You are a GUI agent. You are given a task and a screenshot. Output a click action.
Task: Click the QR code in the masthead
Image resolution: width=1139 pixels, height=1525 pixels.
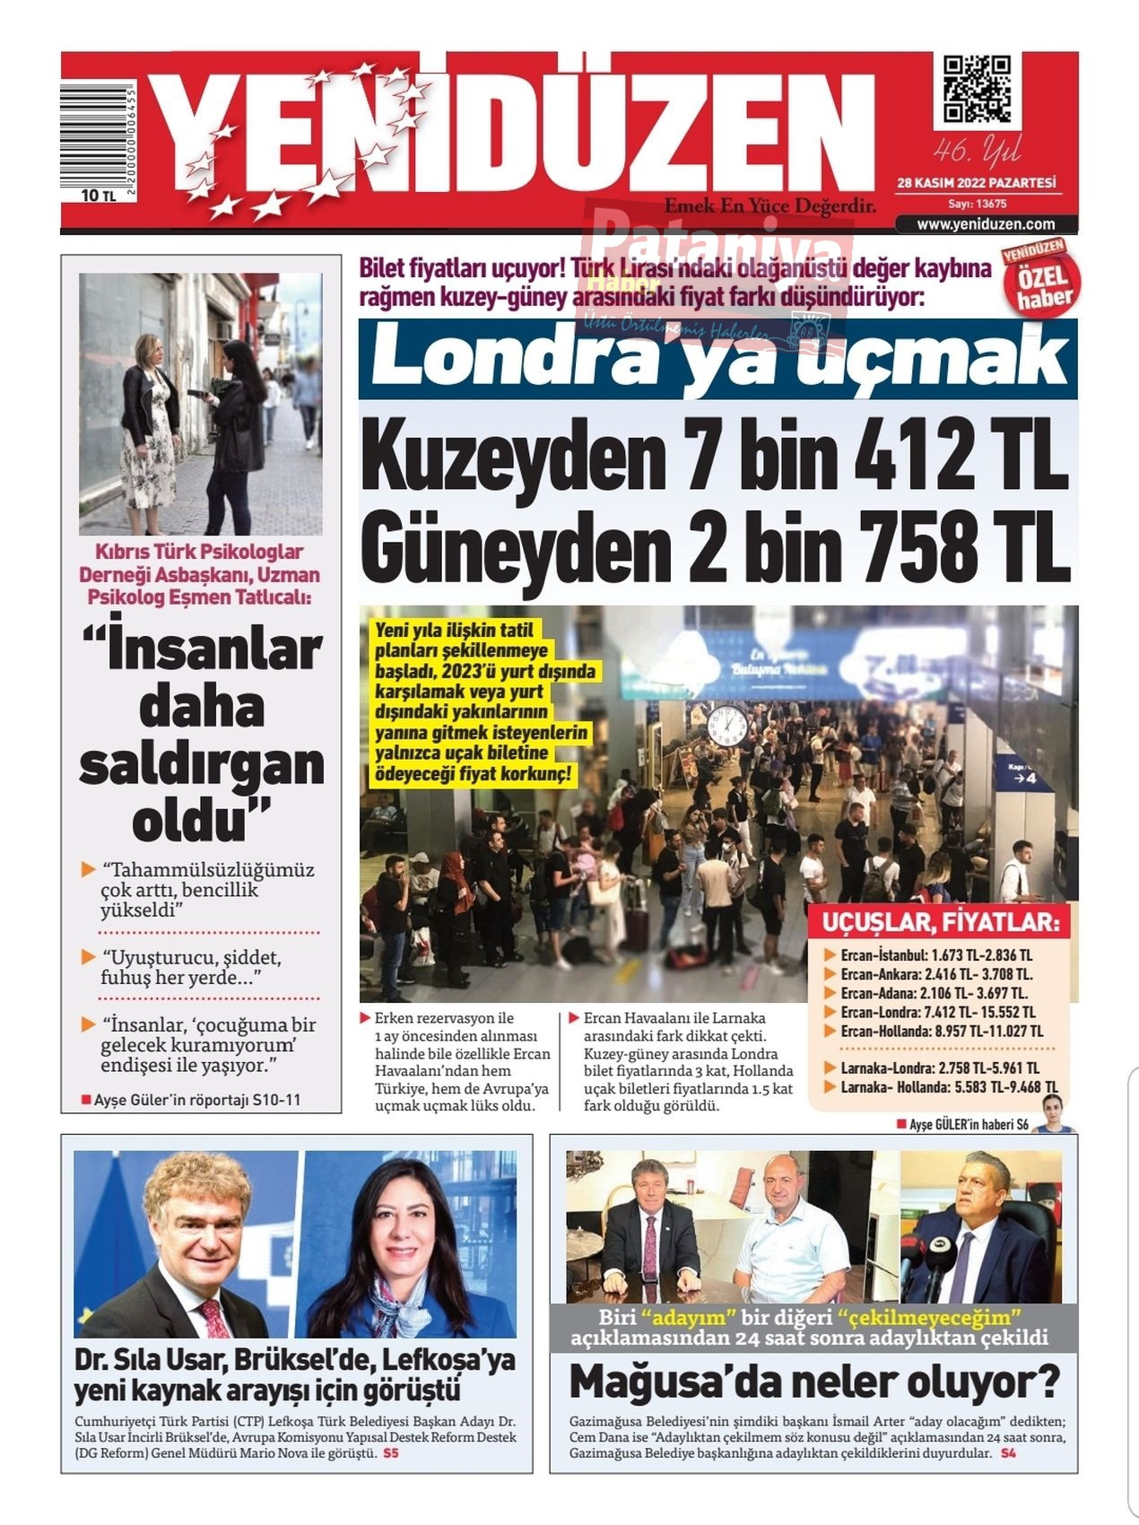(977, 89)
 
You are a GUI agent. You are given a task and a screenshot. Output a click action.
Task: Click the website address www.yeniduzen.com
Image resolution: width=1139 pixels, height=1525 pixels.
(986, 224)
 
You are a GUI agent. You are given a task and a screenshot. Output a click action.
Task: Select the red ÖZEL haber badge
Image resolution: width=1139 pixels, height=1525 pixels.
(1042, 279)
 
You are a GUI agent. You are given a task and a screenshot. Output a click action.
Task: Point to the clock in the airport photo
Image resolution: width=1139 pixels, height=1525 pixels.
(728, 723)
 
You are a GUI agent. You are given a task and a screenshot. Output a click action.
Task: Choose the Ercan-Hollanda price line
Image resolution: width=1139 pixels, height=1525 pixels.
(941, 1031)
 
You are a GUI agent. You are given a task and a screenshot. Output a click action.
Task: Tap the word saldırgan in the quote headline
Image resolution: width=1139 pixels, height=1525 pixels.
(201, 764)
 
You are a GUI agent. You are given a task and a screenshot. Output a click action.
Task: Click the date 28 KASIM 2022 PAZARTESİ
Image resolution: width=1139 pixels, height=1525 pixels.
(976, 183)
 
